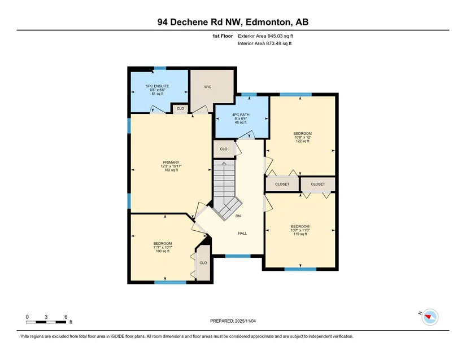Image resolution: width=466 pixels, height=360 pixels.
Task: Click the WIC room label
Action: [208, 87]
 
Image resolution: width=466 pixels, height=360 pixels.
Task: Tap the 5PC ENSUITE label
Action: [158, 86]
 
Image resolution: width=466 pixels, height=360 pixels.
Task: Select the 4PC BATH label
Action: [241, 115]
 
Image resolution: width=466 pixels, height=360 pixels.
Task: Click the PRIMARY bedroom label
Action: [171, 163]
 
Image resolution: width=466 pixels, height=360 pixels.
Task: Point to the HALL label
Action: [242, 233]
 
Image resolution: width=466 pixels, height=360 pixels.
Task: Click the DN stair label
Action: [238, 216]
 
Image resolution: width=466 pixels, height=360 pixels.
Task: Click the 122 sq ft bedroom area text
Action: [303, 141]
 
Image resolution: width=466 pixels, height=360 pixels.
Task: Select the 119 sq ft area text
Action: [300, 234]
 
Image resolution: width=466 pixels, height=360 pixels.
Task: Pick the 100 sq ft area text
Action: [163, 251]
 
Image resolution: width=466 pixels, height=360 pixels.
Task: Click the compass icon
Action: [430, 317]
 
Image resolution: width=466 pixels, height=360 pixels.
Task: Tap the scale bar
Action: [46, 322]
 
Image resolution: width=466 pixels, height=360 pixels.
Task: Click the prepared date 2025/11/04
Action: [233, 321]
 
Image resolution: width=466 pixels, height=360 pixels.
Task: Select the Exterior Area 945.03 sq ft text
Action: [265, 36]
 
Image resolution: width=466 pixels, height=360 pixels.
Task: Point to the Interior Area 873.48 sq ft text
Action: [265, 43]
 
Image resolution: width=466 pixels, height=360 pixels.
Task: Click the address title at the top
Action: [233, 22]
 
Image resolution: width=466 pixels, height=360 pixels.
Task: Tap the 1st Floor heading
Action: [223, 36]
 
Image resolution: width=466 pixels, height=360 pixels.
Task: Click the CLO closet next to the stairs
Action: [224, 149]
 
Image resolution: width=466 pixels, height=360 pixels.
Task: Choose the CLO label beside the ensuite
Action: [180, 109]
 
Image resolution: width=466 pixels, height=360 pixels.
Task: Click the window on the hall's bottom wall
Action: [238, 256]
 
